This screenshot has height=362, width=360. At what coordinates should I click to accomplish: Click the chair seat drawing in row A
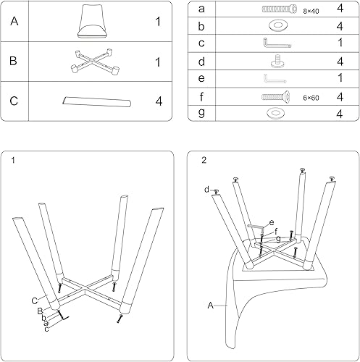pos(91,21)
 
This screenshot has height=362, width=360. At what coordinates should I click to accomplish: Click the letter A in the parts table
pos(14,22)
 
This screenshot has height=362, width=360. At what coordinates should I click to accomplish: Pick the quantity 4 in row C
pos(157,101)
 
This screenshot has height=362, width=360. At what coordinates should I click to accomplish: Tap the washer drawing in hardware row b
pos(277,27)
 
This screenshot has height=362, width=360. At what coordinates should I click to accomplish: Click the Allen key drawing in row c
pos(276,44)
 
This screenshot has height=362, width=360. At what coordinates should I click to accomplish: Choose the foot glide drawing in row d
pos(277,61)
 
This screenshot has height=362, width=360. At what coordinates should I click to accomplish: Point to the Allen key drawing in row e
pos(276,78)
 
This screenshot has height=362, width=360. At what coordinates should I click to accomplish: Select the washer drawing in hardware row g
pos(277,112)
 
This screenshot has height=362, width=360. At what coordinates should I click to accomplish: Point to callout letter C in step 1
pos(33,299)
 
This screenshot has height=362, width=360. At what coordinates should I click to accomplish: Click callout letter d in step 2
pos(206,190)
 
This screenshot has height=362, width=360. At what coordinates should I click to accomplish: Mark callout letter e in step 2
pos(272,222)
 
